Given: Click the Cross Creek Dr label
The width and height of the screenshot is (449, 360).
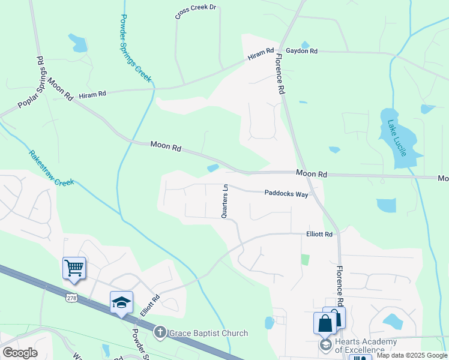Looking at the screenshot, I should tap(195, 13).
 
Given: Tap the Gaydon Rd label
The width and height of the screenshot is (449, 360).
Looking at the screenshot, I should tap(301, 51).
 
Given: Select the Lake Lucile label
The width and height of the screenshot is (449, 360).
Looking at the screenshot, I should tap(397, 138).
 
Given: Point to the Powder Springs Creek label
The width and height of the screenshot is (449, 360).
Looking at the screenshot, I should tap(136, 48).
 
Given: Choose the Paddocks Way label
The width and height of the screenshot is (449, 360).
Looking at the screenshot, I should tap(286, 193).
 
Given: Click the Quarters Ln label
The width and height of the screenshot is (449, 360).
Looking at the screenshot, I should tap(225, 200).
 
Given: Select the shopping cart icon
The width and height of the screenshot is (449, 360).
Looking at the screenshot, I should tap(74, 268).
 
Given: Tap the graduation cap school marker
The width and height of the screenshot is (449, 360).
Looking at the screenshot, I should tap(121, 302).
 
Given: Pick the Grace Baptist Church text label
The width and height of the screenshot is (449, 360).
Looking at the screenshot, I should tap(208, 334).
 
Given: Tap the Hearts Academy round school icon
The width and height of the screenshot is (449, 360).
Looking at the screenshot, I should tap(325, 344).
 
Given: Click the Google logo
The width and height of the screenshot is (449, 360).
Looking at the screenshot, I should tap(20, 353).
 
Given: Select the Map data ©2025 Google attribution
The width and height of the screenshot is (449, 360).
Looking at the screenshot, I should tap(412, 355).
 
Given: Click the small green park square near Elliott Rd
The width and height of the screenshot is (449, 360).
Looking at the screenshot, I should tap(305, 260).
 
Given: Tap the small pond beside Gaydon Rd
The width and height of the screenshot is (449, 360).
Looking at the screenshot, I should tap(305, 44).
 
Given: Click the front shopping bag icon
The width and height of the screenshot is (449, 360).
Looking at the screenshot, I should tap(325, 323).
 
